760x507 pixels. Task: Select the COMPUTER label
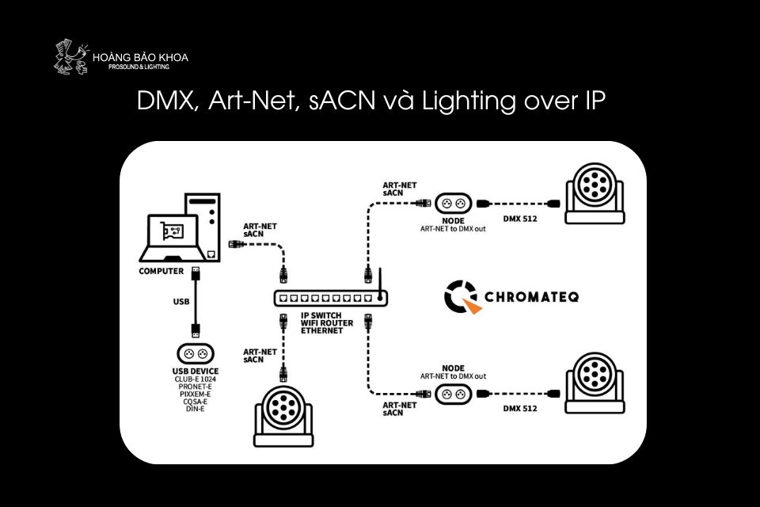tap(161, 271)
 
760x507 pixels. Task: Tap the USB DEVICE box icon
tap(195, 353)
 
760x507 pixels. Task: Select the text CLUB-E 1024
tap(196, 379)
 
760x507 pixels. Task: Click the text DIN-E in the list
tap(196, 409)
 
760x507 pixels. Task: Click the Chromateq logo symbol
tap(462, 296)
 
